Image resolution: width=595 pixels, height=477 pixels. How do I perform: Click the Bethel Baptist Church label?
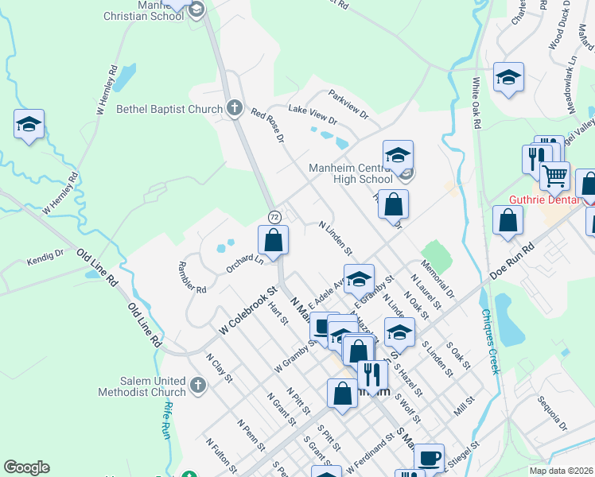click(169, 109)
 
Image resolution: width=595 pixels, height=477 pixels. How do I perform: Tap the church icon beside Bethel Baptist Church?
click(234, 109)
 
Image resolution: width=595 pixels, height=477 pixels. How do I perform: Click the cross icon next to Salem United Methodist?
click(198, 386)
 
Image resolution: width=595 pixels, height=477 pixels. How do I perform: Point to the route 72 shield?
click(274, 217)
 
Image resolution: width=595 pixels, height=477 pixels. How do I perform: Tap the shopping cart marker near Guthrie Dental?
click(555, 174)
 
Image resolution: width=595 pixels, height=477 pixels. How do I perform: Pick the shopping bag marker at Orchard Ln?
click(273, 239)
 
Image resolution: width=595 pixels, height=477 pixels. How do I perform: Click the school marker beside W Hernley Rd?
click(29, 124)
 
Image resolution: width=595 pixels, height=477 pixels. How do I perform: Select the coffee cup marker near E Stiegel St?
click(429, 457)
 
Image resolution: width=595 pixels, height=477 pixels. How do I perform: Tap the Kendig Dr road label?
click(45, 255)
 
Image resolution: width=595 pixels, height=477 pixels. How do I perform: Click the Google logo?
click(26, 467)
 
